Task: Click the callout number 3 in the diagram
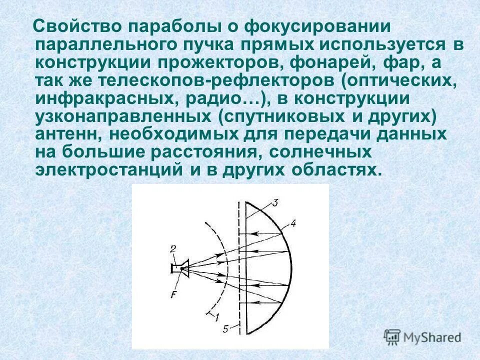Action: pos(275,202)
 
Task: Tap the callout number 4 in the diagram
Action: pos(293,224)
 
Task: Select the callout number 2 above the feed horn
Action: pos(172,248)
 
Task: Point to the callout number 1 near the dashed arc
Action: pos(217,316)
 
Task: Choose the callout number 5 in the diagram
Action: pos(226,328)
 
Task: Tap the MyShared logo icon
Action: pos(392,336)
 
